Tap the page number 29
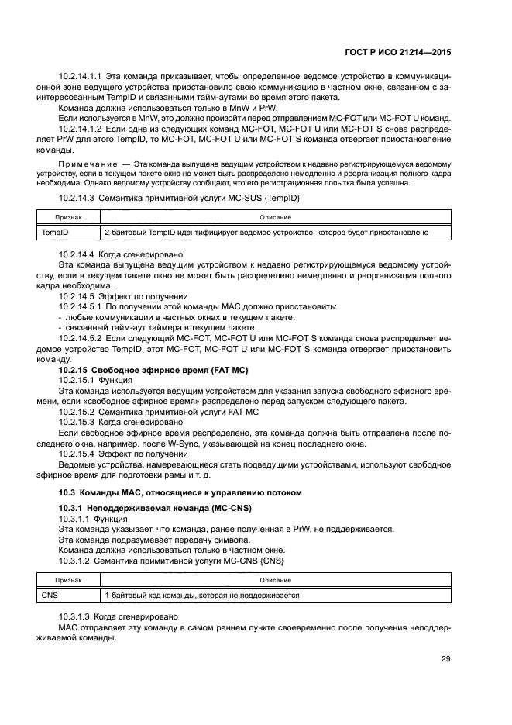[x=445, y=660]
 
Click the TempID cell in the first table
[x=53, y=232]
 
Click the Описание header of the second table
[x=275, y=581]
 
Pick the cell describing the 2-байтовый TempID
[x=266, y=232]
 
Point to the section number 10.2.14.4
[x=77, y=254]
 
